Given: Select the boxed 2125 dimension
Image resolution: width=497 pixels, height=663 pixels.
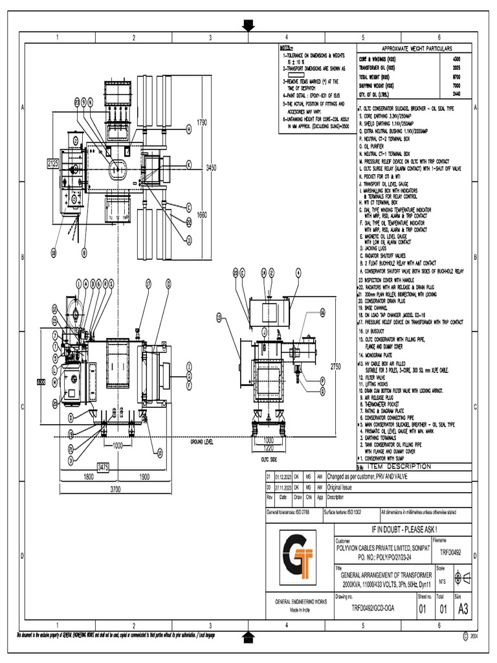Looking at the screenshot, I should point(53,164).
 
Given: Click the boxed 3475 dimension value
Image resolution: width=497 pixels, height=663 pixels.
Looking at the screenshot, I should point(104,466).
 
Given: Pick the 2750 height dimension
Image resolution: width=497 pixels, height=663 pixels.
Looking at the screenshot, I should point(335,366).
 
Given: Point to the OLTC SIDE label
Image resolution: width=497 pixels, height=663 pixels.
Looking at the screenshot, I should point(269,458).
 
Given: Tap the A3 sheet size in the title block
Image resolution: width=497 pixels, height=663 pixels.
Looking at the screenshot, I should point(463,609).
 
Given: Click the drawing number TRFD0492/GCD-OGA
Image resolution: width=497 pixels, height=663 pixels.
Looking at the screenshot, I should point(372,609).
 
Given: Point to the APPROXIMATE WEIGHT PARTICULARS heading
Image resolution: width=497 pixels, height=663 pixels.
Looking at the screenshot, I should point(417,49).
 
